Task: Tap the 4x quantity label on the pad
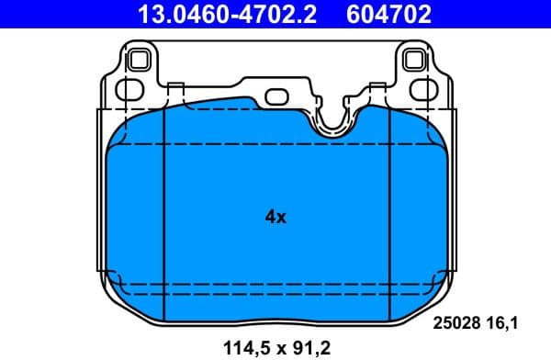point(275,218)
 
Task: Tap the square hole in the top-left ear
point(138,61)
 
